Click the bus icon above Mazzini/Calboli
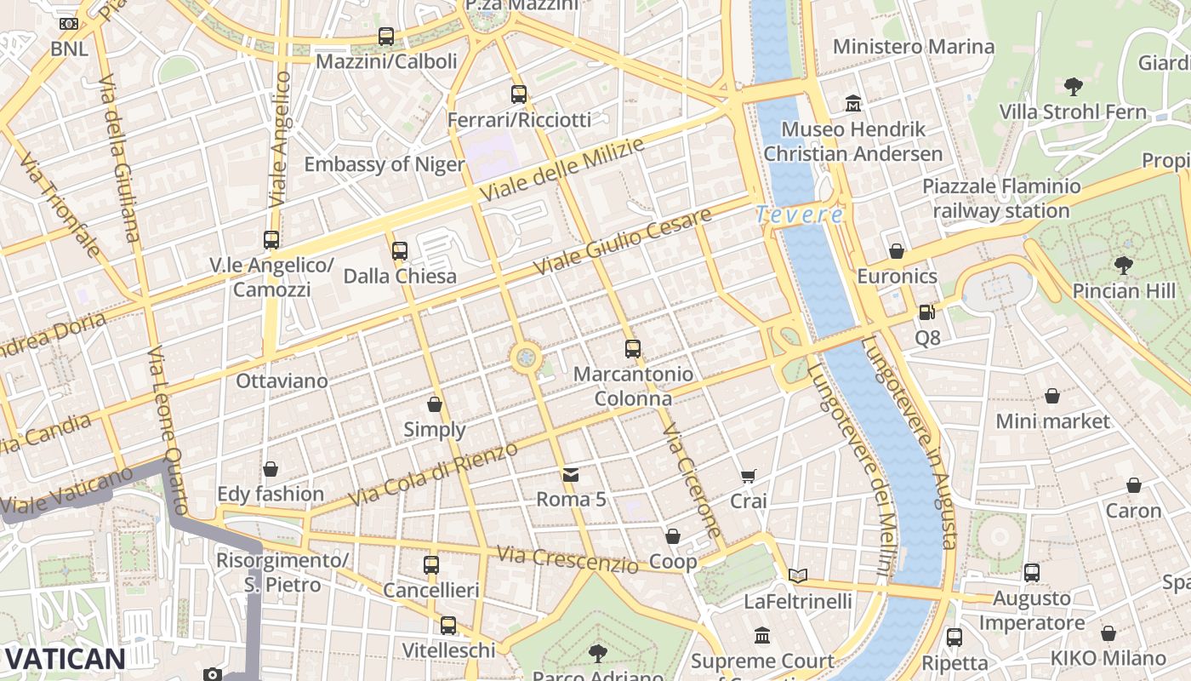[386, 37]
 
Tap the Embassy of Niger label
[385, 164]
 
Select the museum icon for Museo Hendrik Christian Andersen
[853, 105]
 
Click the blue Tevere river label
[800, 215]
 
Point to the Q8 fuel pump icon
[926, 312]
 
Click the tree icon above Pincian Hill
[1123, 266]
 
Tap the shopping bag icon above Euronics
[897, 251]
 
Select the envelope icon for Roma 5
[571, 474]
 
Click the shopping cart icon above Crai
[748, 477]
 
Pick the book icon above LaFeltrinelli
[797, 576]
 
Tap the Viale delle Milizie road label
[561, 170]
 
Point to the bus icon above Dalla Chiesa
[400, 251]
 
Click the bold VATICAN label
[65, 658]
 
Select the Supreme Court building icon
[762, 636]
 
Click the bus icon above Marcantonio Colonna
[632, 349]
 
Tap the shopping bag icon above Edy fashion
[271, 469]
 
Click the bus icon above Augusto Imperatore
[1032, 573]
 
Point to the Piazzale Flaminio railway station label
[1001, 198]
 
